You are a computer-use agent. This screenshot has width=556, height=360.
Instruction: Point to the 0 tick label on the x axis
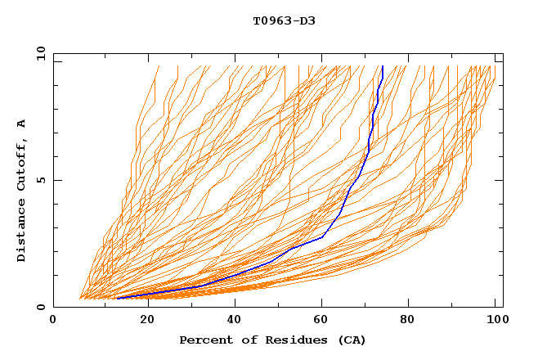coord(53,321)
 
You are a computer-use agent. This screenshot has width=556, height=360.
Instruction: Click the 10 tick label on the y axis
coord(39,53)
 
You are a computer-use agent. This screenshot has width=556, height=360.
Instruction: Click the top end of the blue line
coord(383,66)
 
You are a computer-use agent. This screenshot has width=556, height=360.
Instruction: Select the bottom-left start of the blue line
coord(118,298)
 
